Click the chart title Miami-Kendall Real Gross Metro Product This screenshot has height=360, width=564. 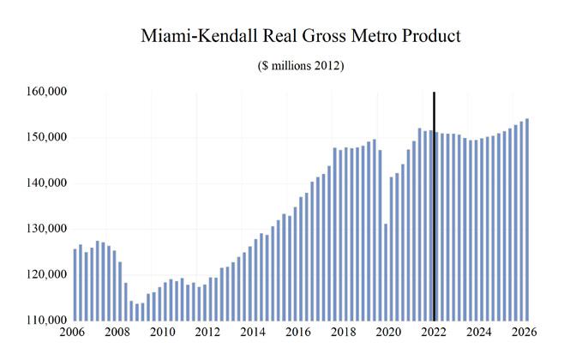click(x=301, y=36)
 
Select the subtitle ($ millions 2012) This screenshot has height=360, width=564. click(x=301, y=66)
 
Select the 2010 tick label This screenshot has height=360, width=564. click(x=164, y=333)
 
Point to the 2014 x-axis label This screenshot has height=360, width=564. click(x=254, y=333)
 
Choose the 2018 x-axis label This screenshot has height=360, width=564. click(x=344, y=333)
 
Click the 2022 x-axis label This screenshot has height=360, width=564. click(x=434, y=333)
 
